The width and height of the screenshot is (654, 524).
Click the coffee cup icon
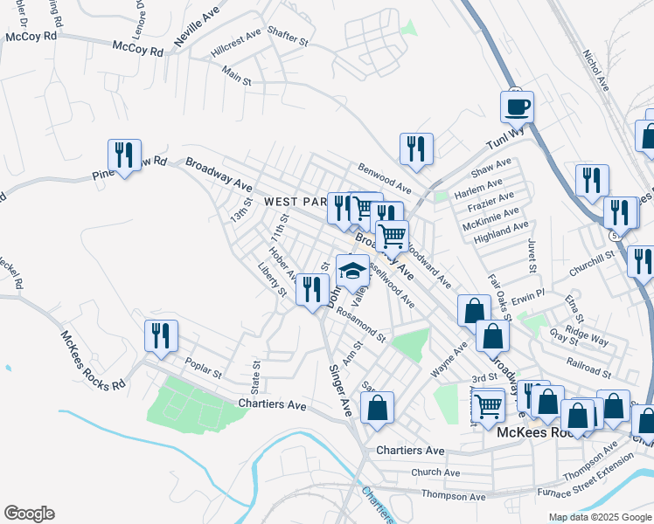(517, 107)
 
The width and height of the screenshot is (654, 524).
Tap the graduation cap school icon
(351, 270)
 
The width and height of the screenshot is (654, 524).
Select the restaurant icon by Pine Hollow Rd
(123, 155)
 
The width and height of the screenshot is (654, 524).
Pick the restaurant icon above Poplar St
(161, 335)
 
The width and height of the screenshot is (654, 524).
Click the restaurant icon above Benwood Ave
(416, 148)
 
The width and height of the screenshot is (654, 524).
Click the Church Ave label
(440, 472)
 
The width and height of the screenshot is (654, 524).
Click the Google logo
(29, 514)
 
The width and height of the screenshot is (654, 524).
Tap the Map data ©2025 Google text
(599, 517)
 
